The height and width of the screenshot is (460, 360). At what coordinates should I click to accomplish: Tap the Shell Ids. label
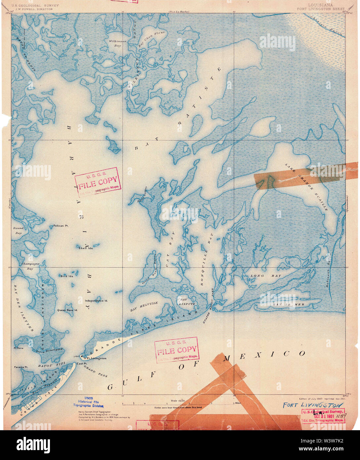pos(86,248)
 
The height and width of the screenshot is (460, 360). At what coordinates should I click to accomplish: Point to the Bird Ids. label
pos(67,276)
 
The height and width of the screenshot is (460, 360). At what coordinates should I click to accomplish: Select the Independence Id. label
pos(97,301)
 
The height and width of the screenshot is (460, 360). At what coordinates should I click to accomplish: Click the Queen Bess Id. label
pos(67,310)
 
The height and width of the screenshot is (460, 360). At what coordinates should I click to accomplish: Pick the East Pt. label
pos(81,364)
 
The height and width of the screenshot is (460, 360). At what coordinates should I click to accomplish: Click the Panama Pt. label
pos(21,367)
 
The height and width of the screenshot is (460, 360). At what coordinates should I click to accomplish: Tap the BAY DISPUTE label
pos(187,301)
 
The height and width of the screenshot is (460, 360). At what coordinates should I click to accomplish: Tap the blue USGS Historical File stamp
pos(88,402)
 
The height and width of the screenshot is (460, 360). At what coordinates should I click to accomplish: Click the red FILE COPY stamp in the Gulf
pos(176,350)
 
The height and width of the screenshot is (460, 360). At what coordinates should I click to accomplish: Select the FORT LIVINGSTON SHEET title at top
pos(320,9)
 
